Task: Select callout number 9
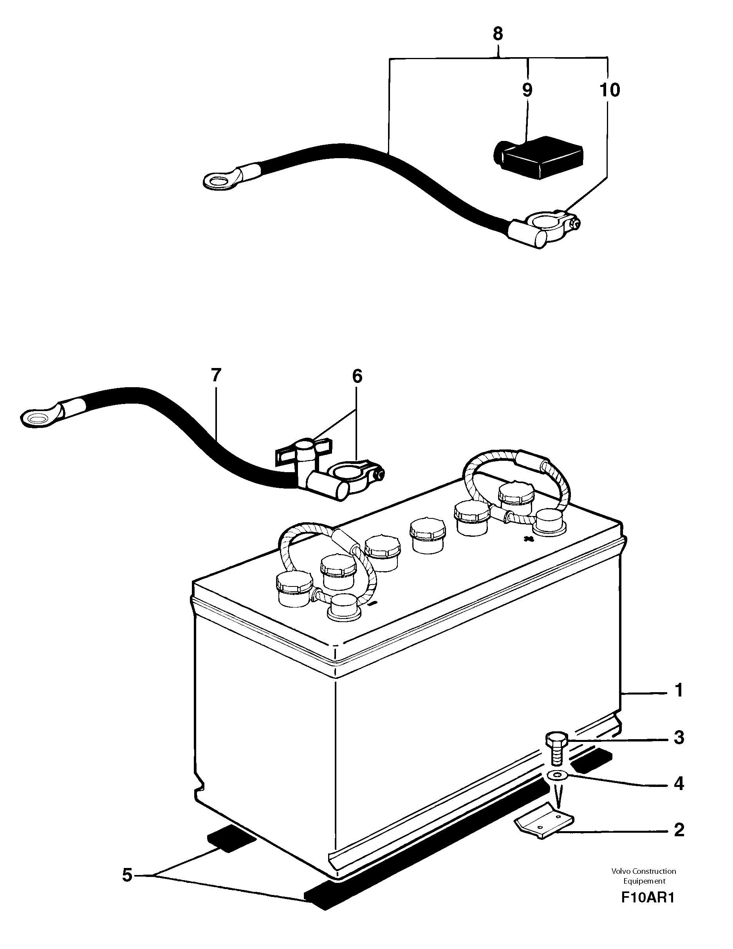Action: [527, 90]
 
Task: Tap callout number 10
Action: [610, 90]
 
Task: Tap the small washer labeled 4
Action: [558, 786]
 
